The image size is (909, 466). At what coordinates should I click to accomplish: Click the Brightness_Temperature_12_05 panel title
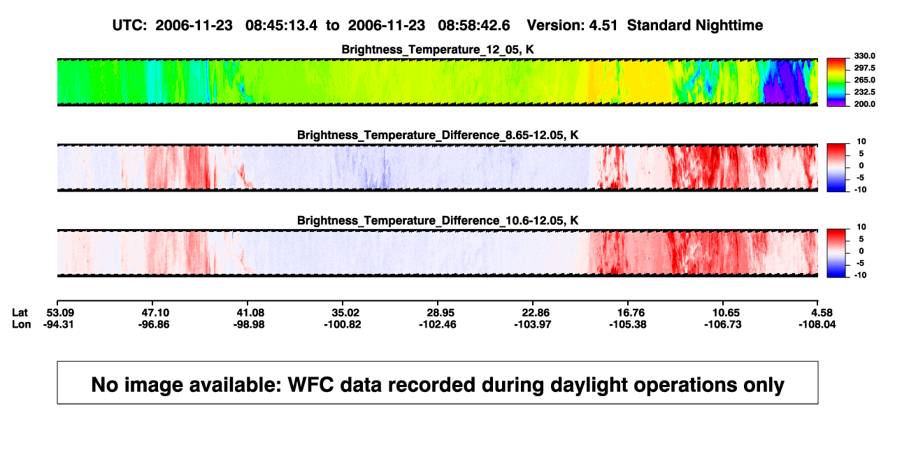pyautogui.click(x=438, y=50)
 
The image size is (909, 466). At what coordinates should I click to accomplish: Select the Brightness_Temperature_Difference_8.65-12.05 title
pyautogui.click(x=438, y=135)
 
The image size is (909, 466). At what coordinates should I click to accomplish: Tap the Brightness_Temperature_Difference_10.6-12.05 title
pyautogui.click(x=438, y=221)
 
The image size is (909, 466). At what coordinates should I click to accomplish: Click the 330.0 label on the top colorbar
pyautogui.click(x=864, y=56)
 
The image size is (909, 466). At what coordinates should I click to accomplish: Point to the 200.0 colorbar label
pyautogui.click(x=864, y=104)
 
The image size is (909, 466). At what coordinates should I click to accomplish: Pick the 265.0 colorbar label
pyautogui.click(x=864, y=80)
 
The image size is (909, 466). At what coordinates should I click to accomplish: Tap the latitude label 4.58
pyautogui.click(x=822, y=313)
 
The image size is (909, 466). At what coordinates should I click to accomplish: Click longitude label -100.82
pyautogui.click(x=343, y=324)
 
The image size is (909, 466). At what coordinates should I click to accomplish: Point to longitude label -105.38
pyautogui.click(x=628, y=324)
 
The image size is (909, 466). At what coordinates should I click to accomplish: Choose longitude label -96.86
pyautogui.click(x=153, y=324)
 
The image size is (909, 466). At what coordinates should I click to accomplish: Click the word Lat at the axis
pyautogui.click(x=20, y=313)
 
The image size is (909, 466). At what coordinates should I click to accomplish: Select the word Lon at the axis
pyautogui.click(x=22, y=324)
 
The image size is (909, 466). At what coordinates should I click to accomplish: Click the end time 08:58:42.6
pyautogui.click(x=474, y=26)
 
